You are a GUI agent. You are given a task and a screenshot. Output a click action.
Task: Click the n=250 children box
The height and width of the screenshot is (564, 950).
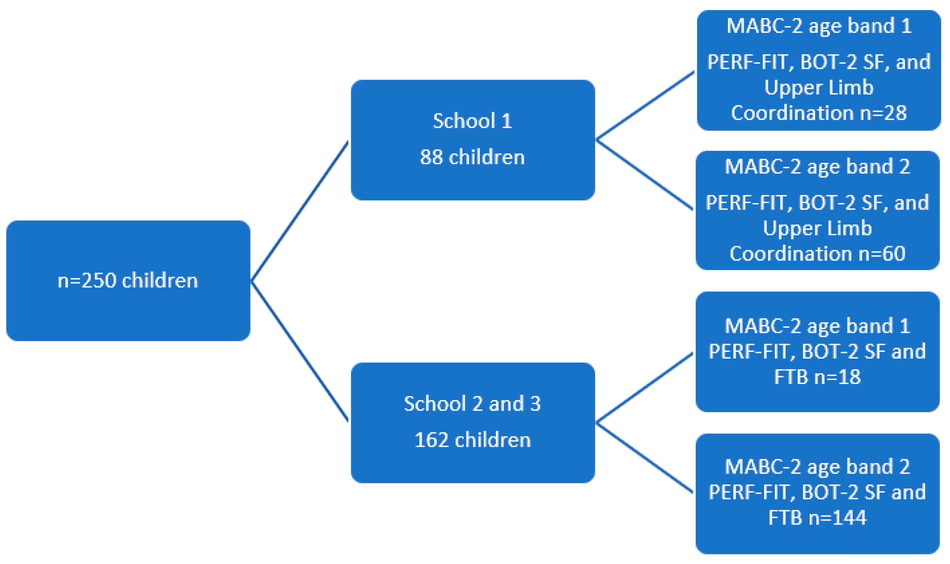pos(128,280)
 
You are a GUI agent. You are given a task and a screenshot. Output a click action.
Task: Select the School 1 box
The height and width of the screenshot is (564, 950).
pos(473,139)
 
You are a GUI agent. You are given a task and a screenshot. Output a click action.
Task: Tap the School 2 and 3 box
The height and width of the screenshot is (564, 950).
pos(473,422)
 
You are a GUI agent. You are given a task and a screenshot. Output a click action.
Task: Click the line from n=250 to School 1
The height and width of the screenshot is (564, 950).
pos(300,211)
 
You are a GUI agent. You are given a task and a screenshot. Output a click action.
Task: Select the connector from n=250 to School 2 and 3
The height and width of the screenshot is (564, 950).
pos(300,351)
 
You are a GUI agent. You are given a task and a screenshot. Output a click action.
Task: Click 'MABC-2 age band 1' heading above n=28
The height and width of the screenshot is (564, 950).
pos(819,26)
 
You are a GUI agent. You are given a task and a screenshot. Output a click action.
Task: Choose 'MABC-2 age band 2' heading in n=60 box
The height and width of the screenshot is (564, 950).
pos(817,167)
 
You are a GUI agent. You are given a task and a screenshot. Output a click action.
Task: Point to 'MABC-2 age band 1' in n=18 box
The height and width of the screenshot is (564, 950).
pos(817,326)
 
